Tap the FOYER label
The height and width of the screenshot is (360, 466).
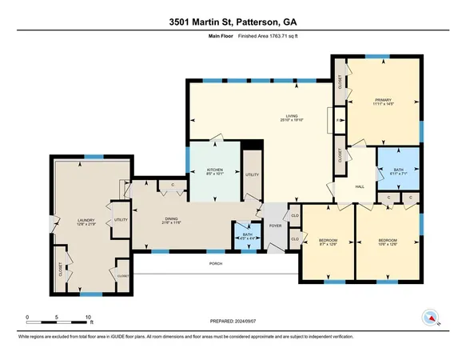tap(275, 226)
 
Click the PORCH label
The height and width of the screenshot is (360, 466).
tap(215, 263)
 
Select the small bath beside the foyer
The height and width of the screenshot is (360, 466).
tap(247, 235)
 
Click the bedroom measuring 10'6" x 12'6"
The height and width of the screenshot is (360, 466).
tap(388, 241)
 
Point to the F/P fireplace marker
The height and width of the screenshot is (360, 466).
tap(339, 121)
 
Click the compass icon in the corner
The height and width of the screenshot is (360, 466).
tap(430, 318)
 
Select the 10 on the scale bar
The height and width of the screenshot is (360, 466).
tap(88, 317)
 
